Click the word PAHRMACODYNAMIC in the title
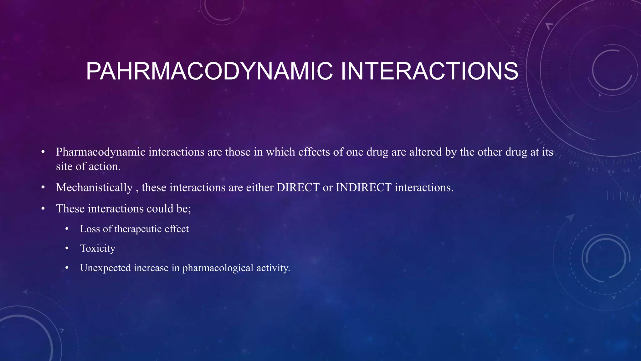[209, 71]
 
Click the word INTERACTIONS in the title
[429, 71]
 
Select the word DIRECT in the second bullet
[298, 187]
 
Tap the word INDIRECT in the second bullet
[363, 187]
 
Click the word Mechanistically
[94, 188]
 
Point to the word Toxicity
[98, 248]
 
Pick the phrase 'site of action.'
[88, 166]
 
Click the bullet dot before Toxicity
[67, 249]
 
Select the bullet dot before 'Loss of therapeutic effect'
[67, 229]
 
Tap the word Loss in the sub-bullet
[90, 229]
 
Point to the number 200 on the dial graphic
[526, 17]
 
